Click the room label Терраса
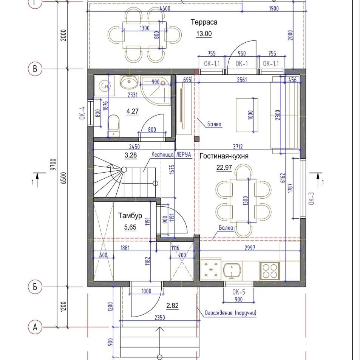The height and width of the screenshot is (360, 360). (204, 22)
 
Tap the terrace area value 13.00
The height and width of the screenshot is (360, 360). (204, 34)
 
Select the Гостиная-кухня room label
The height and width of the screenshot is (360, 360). (224, 156)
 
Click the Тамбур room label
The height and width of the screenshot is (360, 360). (130, 216)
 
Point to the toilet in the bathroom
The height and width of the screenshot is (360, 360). (113, 126)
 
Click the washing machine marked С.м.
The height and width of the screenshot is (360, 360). (105, 86)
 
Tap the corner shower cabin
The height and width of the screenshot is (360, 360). (156, 90)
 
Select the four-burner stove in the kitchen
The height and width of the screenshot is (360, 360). (270, 271)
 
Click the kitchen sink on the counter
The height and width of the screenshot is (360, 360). (232, 270)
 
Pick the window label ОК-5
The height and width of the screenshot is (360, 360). (239, 292)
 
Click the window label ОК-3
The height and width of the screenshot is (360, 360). (311, 198)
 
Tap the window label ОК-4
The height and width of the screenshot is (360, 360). (82, 113)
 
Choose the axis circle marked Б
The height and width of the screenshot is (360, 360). (35, 287)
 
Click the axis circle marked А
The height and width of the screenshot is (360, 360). (35, 327)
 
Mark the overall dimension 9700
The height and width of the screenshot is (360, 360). (53, 164)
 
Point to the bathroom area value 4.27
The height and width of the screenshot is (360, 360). (133, 111)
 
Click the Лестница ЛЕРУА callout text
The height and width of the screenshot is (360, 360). (171, 155)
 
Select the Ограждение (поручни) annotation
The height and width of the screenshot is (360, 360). (230, 313)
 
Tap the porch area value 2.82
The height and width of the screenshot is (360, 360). (172, 306)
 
